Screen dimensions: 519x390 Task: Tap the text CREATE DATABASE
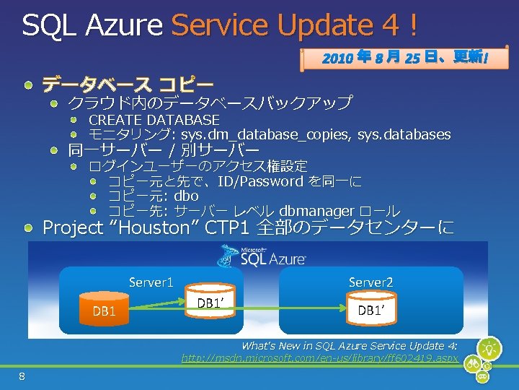click(154, 119)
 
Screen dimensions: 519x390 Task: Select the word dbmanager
click(316, 211)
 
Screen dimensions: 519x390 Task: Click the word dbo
click(186, 196)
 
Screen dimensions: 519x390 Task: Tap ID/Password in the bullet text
click(260, 181)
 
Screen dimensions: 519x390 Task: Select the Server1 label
click(151, 282)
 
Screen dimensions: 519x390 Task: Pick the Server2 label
click(371, 282)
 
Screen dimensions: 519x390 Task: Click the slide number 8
click(22, 376)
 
